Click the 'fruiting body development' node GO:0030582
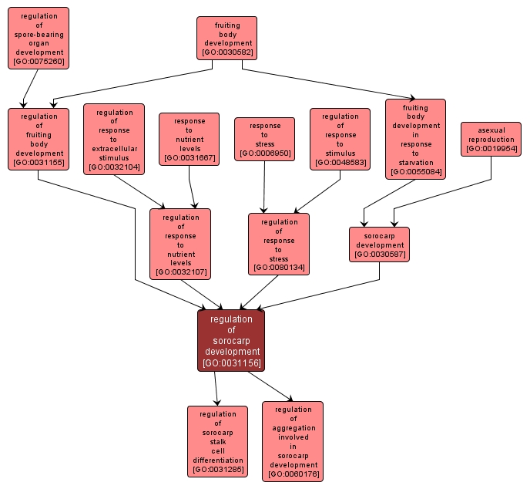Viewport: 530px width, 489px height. [x=226, y=38]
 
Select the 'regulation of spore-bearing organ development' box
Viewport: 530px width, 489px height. [x=39, y=38]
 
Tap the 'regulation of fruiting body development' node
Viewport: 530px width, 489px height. [x=39, y=139]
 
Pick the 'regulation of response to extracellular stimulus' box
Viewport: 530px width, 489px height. [x=114, y=140]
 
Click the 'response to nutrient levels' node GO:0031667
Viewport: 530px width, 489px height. [x=190, y=140]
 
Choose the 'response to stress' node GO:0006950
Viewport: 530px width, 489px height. [x=264, y=139]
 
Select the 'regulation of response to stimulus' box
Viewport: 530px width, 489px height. [x=340, y=139]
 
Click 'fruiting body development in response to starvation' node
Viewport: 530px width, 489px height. [x=415, y=139]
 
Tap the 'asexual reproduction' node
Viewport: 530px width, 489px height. [x=491, y=139]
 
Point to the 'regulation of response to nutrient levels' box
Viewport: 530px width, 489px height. [x=180, y=244]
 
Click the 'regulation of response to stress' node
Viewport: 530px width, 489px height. [x=279, y=244]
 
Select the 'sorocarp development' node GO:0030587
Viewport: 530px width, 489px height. [x=379, y=244]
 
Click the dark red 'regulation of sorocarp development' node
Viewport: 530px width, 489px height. [x=231, y=340]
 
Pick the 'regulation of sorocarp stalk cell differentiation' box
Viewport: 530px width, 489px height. [x=217, y=441]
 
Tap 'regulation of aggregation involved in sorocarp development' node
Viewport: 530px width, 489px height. [x=293, y=441]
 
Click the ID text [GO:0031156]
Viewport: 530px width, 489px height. [x=231, y=363]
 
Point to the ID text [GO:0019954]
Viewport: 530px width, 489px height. [x=491, y=149]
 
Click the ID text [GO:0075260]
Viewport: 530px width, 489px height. [x=39, y=61]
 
